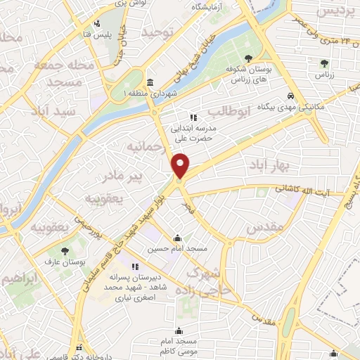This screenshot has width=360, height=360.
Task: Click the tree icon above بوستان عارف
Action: (65, 250)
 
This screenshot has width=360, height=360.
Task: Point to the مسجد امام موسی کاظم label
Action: (179, 341)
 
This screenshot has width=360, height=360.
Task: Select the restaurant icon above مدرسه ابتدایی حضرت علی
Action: (193, 117)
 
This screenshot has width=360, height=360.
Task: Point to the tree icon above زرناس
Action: (323, 63)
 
